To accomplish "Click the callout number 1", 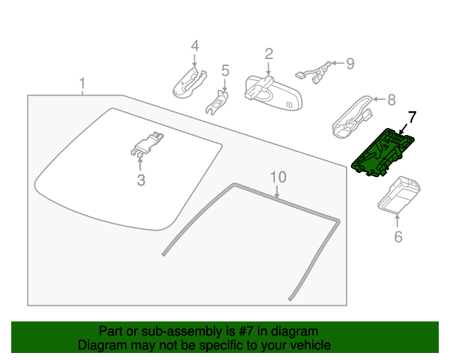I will pos(82,84).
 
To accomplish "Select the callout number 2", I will pos(269,54).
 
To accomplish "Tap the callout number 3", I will pos(141,180).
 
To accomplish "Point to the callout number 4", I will pos(195,46).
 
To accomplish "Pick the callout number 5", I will pos(225,70).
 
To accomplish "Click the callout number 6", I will pos(398,237).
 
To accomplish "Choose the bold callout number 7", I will pos(412,117).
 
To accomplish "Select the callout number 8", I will pos(392,100).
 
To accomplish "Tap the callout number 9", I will pos(349,64).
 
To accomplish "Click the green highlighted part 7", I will pos(384,151).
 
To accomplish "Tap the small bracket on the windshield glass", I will pos(146,143).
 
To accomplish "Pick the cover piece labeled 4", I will pos(188,82).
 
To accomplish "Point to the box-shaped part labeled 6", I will pos(399,194).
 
